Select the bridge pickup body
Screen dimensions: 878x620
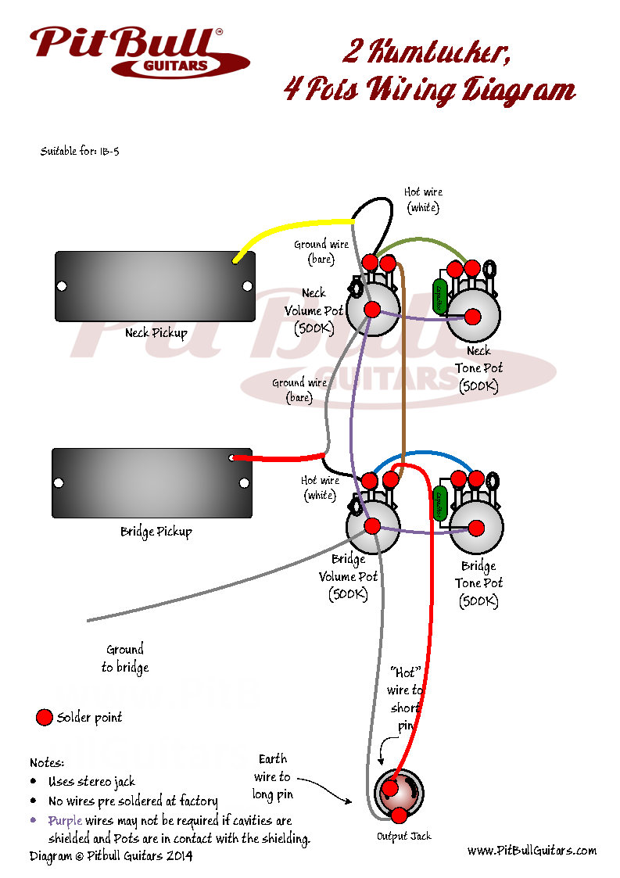pos(152,482)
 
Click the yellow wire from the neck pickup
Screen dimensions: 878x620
pos(281,234)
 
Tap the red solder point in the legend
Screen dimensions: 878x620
pos(45,717)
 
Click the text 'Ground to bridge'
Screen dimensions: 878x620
pos(125,658)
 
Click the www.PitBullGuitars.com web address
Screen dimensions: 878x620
pos(532,850)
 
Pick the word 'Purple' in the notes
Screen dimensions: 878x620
pos(65,821)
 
